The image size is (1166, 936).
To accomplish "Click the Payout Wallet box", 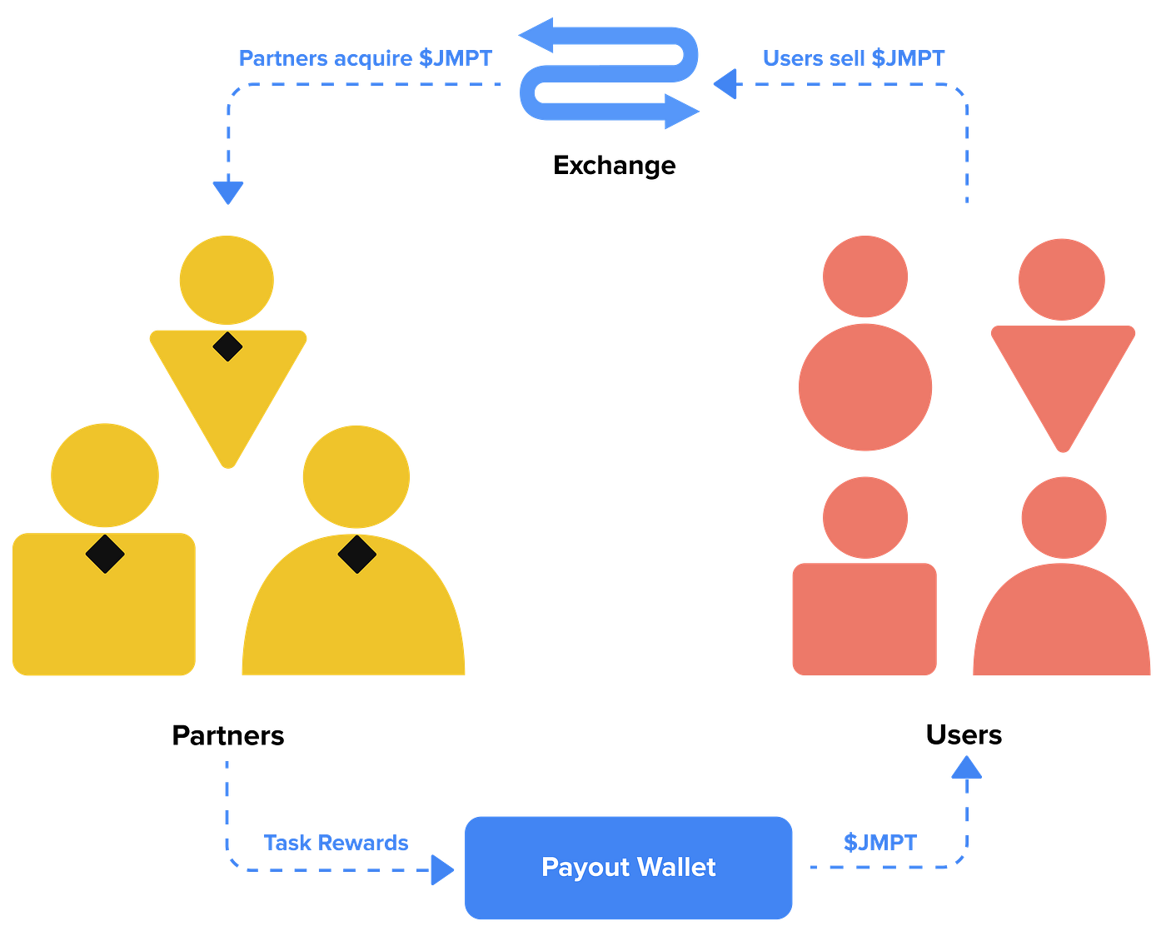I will point(629,868).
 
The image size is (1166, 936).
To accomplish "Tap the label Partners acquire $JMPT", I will point(366,58).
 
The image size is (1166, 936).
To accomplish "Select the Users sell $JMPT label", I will point(854,58).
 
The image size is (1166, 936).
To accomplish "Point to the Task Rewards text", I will point(336,844).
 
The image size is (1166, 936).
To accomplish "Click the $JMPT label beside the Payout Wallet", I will point(879,843).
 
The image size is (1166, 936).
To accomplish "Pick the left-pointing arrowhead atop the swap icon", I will point(537,36).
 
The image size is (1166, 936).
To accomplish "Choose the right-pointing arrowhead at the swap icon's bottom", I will point(681,112).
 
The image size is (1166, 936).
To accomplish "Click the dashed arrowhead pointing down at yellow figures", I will point(227,192).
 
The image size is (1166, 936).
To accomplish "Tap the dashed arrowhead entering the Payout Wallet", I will point(442,870).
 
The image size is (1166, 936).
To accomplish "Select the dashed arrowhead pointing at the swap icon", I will point(727,84).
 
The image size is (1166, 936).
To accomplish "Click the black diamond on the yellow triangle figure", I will point(227,346).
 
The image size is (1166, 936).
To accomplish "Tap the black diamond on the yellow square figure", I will point(105,554).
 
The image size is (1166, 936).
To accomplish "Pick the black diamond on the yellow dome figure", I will point(356,555).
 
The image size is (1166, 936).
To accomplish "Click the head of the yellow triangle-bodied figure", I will point(227,279).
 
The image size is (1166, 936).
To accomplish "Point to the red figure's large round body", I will point(865,387).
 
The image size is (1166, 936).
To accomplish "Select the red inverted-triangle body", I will point(1063,375).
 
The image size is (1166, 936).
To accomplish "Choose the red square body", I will point(865,619).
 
